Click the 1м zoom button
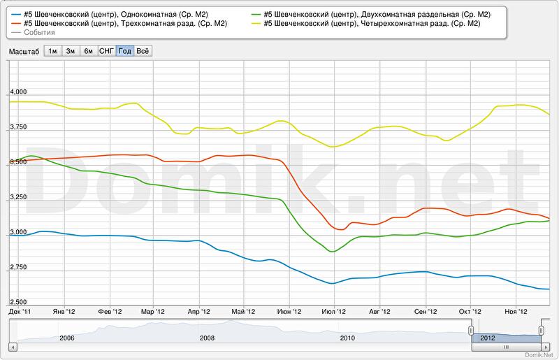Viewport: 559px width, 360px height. pos(52,51)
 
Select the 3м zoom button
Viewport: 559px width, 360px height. pos(71,51)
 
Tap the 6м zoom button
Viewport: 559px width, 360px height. pos(88,51)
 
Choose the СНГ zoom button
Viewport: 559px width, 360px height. pos(106,51)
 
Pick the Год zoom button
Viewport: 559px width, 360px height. pos(125,51)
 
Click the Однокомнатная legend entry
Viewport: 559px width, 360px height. pos(116,14)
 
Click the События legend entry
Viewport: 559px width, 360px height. pos(39,32)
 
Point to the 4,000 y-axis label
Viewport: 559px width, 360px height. pos(17,92)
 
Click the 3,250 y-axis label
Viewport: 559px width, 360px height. pos(17,197)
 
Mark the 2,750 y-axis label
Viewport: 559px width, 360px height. pos(17,268)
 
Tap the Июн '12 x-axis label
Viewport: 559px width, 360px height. pos(289,311)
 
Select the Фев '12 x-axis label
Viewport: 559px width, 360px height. pos(110,311)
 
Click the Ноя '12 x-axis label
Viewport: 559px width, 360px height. pos(516,311)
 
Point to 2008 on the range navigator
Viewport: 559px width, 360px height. pos(207,338)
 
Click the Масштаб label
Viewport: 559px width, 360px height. pos(24,51)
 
